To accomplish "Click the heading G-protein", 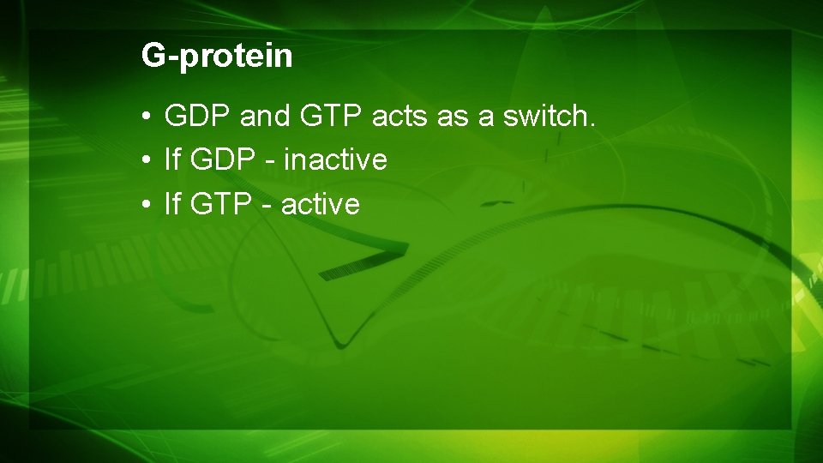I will tap(217, 57).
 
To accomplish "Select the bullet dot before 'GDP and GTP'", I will tap(147, 116).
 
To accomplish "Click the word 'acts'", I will tap(399, 116).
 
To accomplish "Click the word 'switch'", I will tap(544, 115).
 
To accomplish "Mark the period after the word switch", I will tap(591, 123).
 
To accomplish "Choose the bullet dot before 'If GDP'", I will tap(147, 160).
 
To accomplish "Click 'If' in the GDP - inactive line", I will tap(172, 159).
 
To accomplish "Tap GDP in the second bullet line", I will tap(221, 159).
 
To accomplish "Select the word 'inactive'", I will tap(334, 159).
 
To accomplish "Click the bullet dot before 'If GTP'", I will tap(147, 205).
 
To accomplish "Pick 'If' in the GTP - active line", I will tap(172, 204).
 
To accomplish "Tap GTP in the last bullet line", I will tap(219, 204).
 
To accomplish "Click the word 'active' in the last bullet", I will tap(320, 204).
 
